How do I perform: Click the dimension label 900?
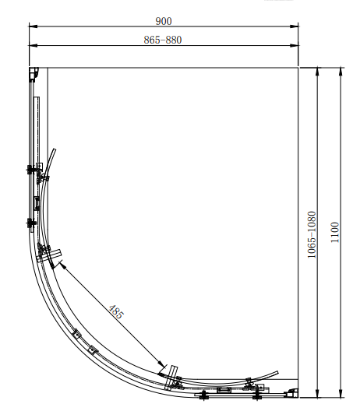(x=164, y=21)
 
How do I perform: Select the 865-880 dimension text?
(x=163, y=40)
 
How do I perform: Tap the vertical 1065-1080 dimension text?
(x=312, y=235)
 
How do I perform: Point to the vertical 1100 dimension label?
(x=335, y=232)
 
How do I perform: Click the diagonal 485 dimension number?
(x=116, y=311)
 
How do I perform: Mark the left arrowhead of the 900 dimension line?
(x=34, y=26)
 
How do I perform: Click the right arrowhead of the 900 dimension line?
(x=294, y=26)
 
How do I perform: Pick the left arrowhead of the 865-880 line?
(x=34, y=45)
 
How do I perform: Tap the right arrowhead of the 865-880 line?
(x=294, y=45)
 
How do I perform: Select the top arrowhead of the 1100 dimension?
(x=341, y=72)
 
